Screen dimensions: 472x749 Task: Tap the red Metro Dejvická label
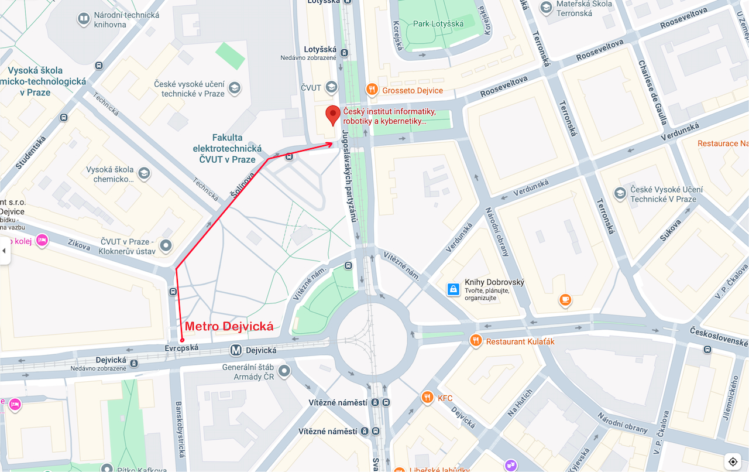pyautogui.click(x=229, y=327)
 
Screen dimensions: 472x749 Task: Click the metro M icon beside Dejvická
pyautogui.click(x=236, y=350)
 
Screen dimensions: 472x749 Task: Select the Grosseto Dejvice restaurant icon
pyautogui.click(x=372, y=90)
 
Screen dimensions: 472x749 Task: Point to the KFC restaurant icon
pyautogui.click(x=427, y=398)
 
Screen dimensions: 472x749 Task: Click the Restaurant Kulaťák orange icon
pyautogui.click(x=476, y=340)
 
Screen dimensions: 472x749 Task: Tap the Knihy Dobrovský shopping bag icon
pyautogui.click(x=453, y=289)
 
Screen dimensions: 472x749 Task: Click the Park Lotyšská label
pyautogui.click(x=438, y=24)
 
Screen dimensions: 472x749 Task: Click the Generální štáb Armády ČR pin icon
pyautogui.click(x=284, y=371)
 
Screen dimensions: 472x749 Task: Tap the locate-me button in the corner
pyautogui.click(x=733, y=461)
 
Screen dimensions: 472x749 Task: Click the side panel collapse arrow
pyautogui.click(x=4, y=251)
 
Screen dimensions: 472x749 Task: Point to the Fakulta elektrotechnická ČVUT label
pyautogui.click(x=227, y=149)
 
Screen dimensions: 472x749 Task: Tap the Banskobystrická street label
pyautogui.click(x=181, y=430)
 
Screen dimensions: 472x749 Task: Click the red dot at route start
pyautogui.click(x=182, y=340)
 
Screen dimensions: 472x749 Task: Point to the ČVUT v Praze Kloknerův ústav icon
pyautogui.click(x=166, y=246)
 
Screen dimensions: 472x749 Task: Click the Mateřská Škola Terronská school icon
pyautogui.click(x=546, y=8)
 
